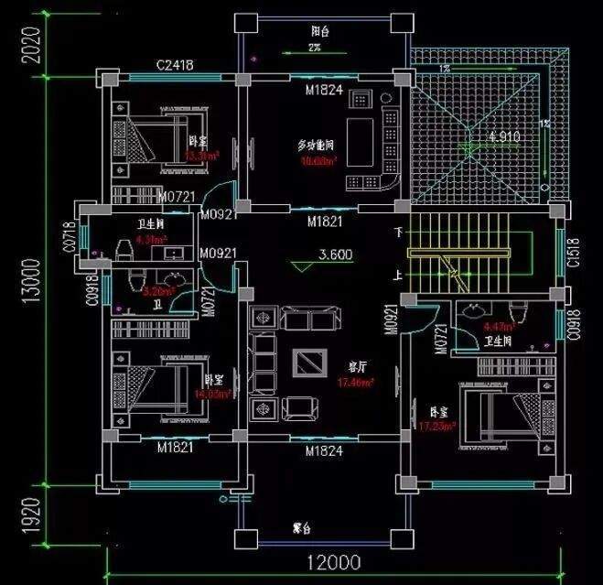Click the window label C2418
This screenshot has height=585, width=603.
[x=173, y=65]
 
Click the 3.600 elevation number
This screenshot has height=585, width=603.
[x=335, y=255]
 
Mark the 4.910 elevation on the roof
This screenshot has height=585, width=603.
[x=504, y=136]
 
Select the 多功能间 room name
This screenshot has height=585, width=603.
[x=315, y=146]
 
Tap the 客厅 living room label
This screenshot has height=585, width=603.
[x=357, y=366]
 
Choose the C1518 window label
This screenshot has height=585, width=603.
[x=572, y=252]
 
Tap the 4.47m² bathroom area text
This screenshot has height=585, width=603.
[x=497, y=325]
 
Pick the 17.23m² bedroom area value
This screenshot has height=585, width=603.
[x=436, y=427]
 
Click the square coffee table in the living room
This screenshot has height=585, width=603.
[x=307, y=363]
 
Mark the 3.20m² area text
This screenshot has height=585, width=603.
[x=159, y=291]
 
